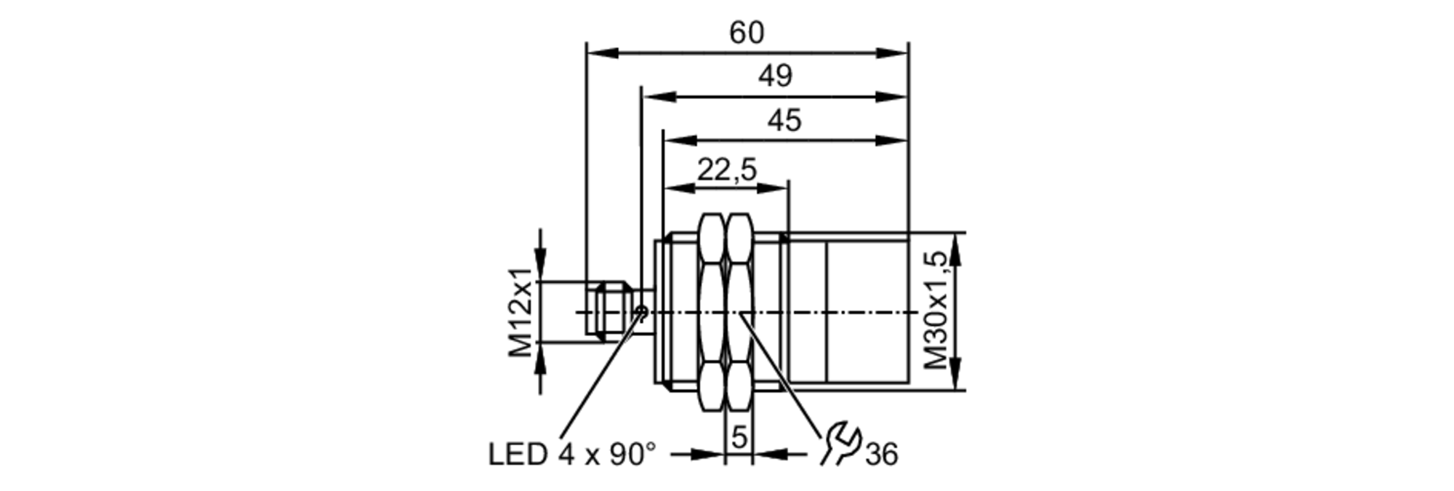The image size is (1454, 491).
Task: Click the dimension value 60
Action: [x=747, y=33]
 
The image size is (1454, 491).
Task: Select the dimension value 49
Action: [x=775, y=76]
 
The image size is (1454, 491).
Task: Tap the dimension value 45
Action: [x=784, y=121]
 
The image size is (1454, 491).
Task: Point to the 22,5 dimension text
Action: [x=727, y=170]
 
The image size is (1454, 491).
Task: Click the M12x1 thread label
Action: [x=521, y=313]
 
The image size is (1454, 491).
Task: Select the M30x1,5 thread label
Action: [x=936, y=311]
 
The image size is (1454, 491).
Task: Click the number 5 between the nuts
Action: [x=739, y=438]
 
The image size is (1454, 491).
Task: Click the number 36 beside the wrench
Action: [x=881, y=455]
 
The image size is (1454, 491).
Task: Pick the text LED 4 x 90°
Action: [x=571, y=455]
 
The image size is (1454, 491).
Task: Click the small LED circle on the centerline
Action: [x=641, y=312]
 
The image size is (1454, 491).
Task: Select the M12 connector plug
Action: [x=611, y=312]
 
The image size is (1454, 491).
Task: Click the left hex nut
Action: [x=712, y=312]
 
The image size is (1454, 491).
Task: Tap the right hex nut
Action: [x=739, y=312]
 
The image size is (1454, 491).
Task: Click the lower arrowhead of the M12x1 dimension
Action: [x=539, y=356]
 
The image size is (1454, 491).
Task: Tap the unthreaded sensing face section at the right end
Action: [x=867, y=312]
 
